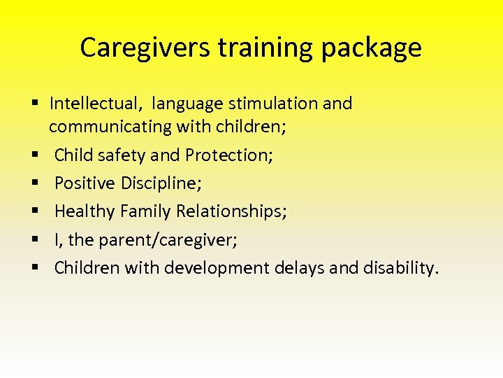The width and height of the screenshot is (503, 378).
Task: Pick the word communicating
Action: pos(101,127)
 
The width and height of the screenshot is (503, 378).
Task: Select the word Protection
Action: pos(231,155)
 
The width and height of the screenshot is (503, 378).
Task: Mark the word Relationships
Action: pos(231,211)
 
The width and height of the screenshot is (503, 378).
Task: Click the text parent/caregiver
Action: pos(167,240)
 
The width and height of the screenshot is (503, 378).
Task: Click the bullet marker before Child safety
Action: pos(34,155)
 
